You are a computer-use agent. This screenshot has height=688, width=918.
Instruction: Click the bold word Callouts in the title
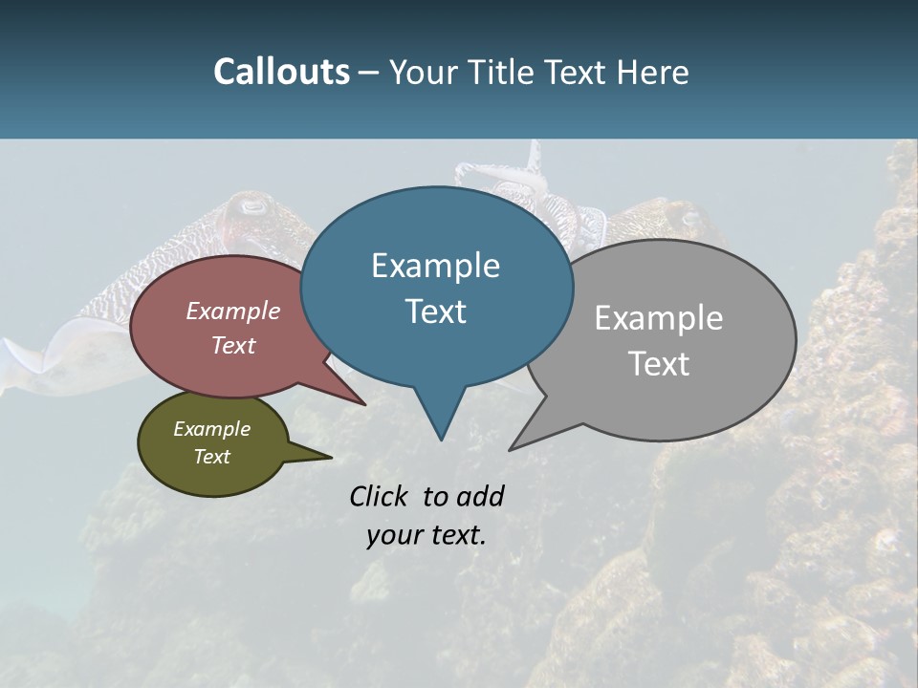pos(281,72)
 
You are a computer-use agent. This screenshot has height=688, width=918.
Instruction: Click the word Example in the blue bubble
pos(435,266)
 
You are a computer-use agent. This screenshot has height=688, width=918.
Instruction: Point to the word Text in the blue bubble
pos(435,312)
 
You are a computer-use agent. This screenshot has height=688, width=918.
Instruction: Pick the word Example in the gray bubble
pos(659,318)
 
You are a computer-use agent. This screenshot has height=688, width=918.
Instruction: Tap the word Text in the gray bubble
pos(659,364)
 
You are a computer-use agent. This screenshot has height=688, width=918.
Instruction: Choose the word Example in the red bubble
pos(233,311)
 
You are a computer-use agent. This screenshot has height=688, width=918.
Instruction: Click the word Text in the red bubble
pos(233,345)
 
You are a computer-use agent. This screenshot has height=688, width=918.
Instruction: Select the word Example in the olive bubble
pos(212,429)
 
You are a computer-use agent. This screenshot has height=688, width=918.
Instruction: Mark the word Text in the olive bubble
pos(212,457)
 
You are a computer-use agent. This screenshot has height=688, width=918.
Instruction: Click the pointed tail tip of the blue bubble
pos(441,439)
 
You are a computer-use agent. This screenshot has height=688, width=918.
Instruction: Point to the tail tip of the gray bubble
pos(512,448)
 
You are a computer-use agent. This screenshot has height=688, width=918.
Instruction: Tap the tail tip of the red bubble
pos(364,403)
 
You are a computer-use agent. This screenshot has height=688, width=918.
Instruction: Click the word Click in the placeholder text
pos(381,496)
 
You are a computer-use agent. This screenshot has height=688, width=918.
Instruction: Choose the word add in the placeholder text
pos(480,496)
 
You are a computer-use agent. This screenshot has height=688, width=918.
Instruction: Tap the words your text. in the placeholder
pos(426,535)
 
